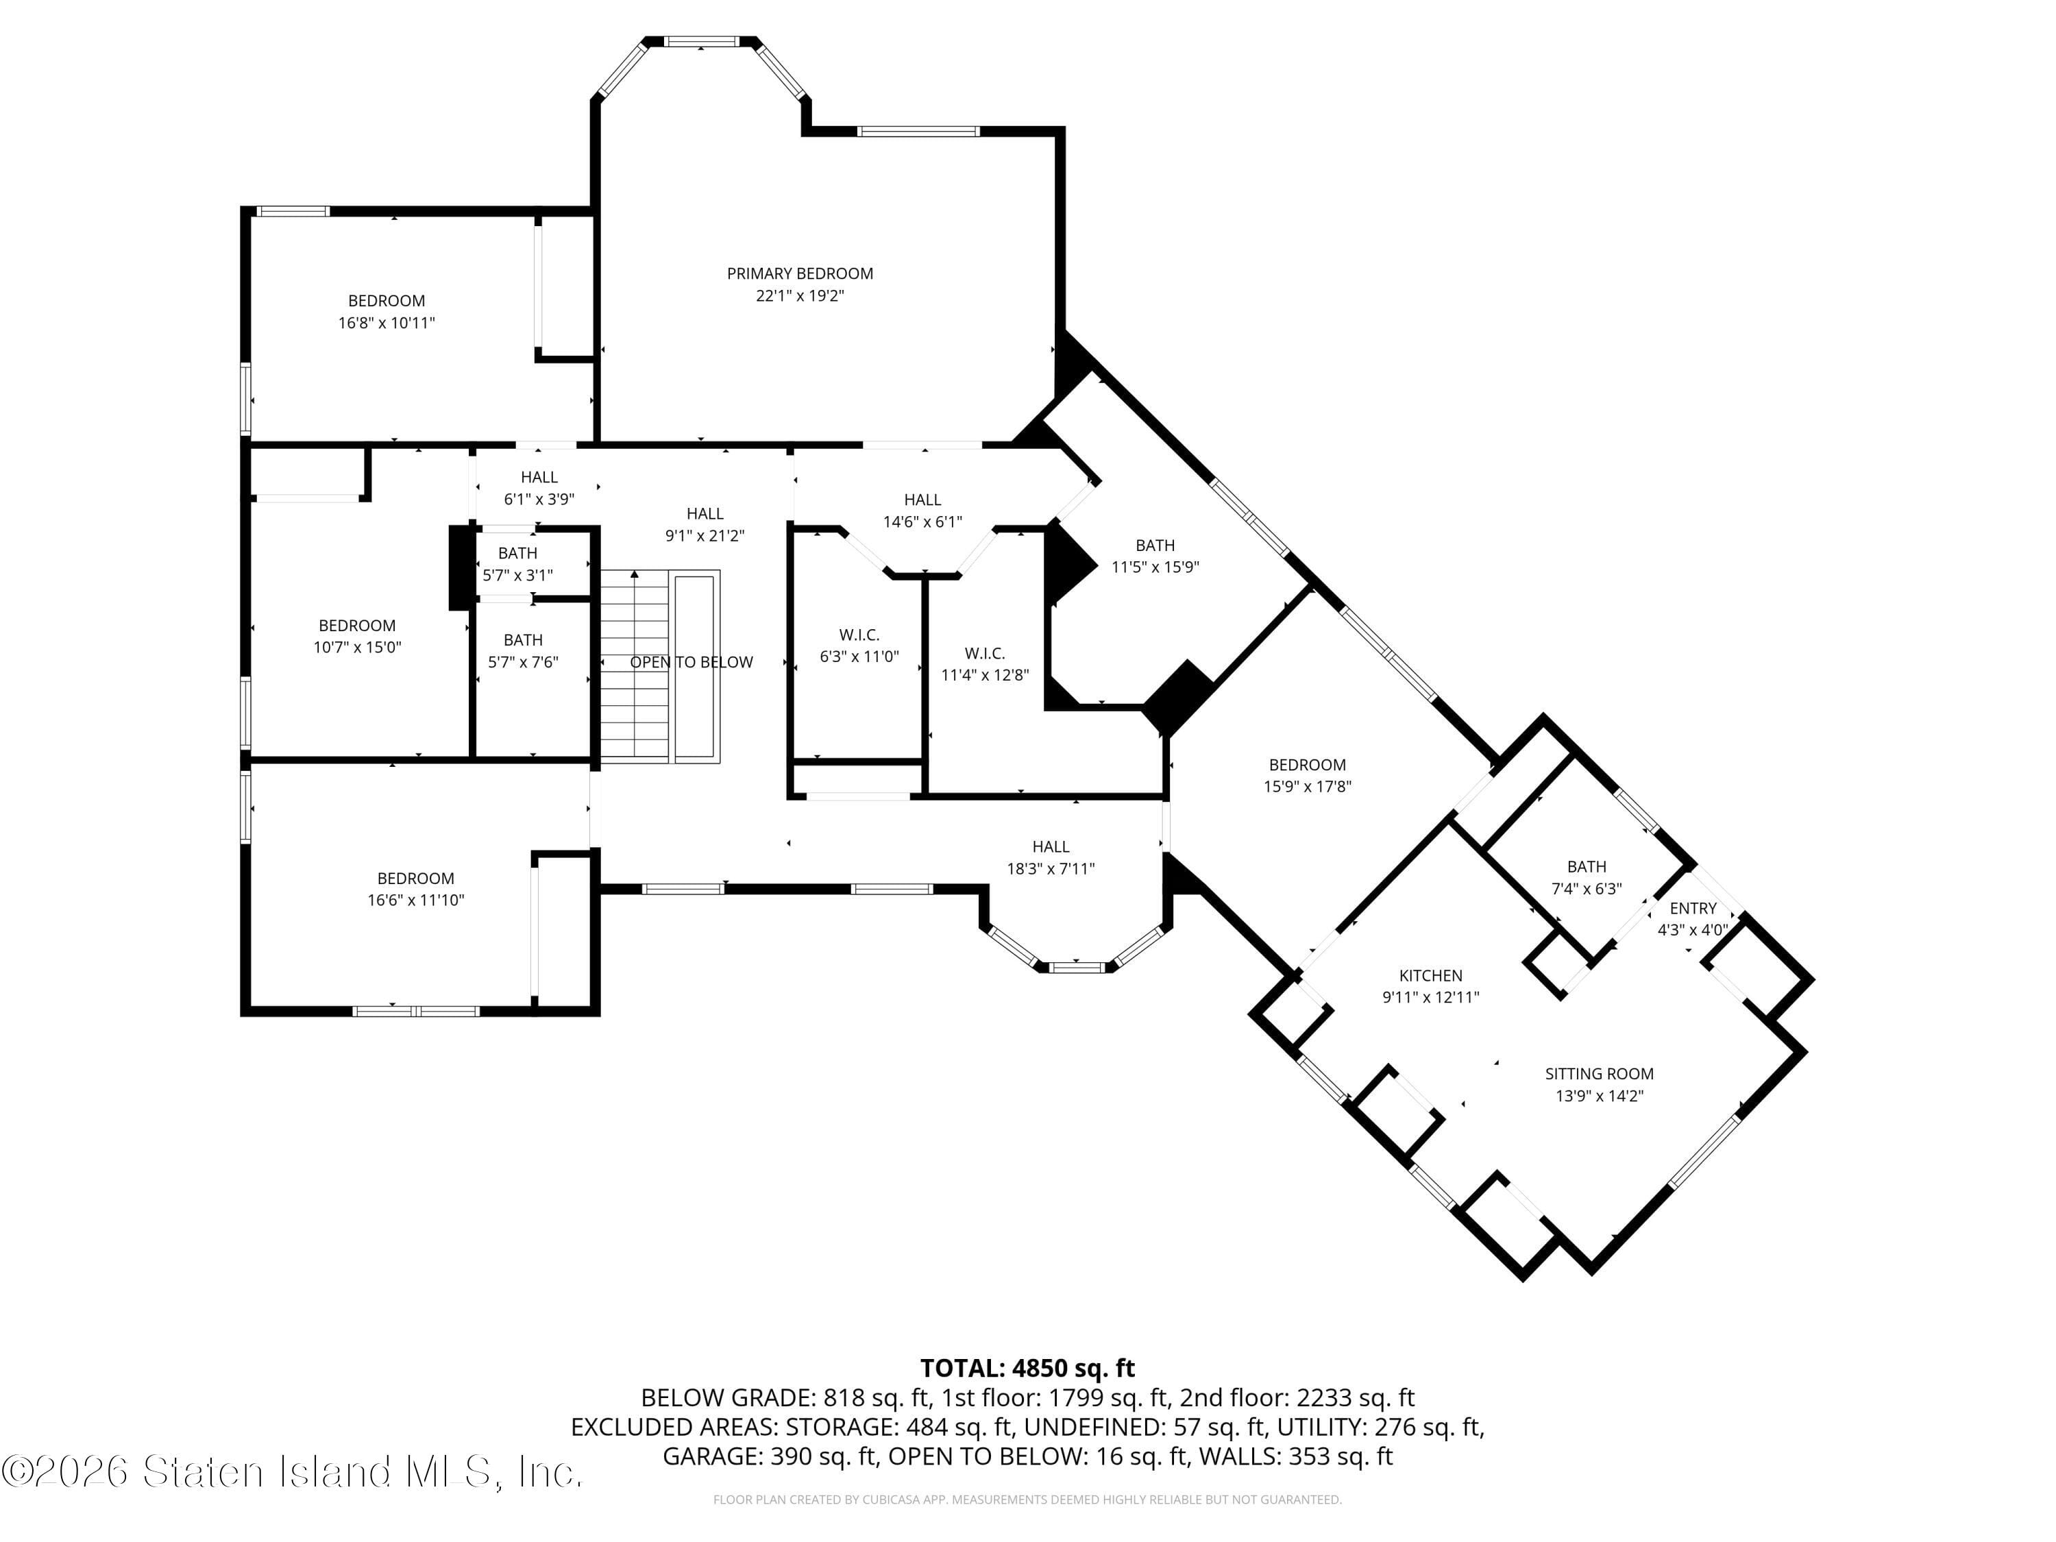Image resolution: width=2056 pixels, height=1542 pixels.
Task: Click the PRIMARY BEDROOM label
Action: pos(799,273)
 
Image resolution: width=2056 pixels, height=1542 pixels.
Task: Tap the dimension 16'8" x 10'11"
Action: pos(386,323)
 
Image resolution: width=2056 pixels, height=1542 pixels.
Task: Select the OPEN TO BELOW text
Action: pos(692,662)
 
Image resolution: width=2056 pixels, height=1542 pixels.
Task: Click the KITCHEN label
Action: pos(1430,975)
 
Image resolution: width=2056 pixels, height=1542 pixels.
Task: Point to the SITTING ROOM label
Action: pos(1599,1073)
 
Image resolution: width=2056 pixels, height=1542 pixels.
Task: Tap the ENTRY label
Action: pos(1693,908)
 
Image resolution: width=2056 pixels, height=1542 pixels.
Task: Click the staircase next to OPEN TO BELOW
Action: pos(634,665)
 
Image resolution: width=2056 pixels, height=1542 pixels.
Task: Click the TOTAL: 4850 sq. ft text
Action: pos(1027,1368)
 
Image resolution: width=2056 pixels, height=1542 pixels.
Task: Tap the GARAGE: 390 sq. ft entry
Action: pos(770,1456)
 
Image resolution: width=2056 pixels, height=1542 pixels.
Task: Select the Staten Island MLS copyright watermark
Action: pos(292,1472)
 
